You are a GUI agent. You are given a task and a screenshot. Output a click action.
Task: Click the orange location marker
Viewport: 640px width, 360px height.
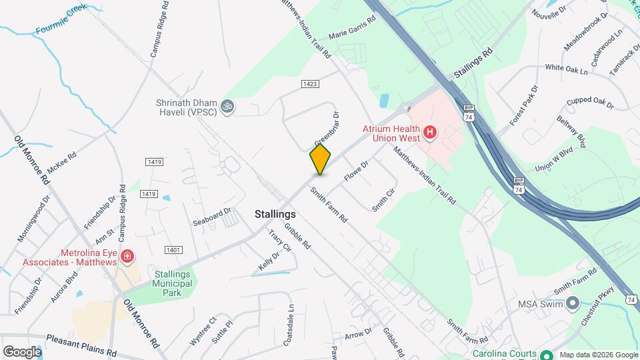pyautogui.click(x=320, y=159)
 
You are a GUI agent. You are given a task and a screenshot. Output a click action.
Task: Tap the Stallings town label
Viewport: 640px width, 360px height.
pyautogui.click(x=275, y=215)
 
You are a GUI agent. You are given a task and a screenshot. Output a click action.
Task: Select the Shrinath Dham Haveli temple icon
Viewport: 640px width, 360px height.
pyautogui.click(x=227, y=106)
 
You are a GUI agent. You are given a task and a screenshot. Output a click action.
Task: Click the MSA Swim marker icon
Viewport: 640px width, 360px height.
pyautogui.click(x=572, y=305)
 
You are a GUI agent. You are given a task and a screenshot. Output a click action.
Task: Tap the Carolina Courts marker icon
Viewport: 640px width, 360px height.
pyautogui.click(x=547, y=355)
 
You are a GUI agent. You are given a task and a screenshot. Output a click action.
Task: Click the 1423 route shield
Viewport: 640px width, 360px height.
pyautogui.click(x=310, y=84)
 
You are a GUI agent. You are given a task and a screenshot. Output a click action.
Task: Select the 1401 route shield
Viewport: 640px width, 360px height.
pyautogui.click(x=173, y=249)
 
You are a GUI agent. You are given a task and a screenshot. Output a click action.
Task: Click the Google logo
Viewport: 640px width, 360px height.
pyautogui.click(x=22, y=352)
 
